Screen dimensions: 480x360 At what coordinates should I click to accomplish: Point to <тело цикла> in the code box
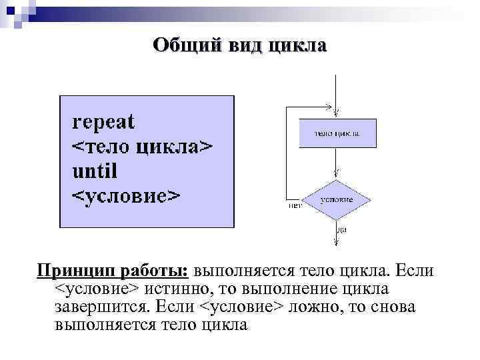point(143,147)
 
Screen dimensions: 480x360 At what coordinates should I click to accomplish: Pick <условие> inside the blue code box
point(125,196)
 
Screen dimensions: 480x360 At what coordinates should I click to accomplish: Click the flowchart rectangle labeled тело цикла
point(337,133)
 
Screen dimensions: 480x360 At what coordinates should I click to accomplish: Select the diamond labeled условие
point(337,199)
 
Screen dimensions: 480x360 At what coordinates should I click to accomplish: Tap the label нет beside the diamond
point(295,205)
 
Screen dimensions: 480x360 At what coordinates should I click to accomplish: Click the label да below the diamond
point(341,229)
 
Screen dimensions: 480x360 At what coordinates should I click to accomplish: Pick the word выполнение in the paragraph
point(289,290)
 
